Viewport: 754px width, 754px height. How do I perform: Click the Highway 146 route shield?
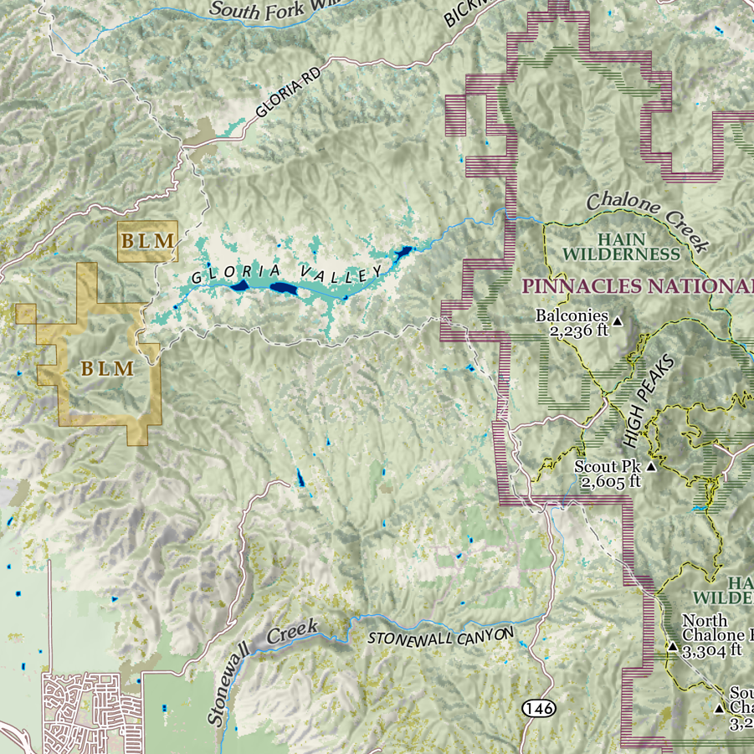pyautogui.click(x=538, y=709)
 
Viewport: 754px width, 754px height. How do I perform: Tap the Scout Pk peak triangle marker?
pyautogui.click(x=651, y=466)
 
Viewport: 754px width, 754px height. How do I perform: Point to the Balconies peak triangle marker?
pyautogui.click(x=618, y=321)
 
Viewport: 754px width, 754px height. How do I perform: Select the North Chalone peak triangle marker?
pyautogui.click(x=672, y=646)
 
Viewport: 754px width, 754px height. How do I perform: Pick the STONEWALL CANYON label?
pyautogui.click(x=441, y=637)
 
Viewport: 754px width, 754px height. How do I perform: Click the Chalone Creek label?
pyautogui.click(x=648, y=221)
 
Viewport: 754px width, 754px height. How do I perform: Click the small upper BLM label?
pyautogui.click(x=148, y=241)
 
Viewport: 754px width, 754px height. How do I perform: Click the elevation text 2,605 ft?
pyautogui.click(x=611, y=481)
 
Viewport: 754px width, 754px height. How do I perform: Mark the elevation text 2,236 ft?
pyautogui.click(x=577, y=331)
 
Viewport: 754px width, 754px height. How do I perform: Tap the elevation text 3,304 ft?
pyautogui.click(x=712, y=649)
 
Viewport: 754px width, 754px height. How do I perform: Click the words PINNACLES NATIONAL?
pyautogui.click(x=636, y=286)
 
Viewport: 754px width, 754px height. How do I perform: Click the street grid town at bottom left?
pyautogui.click(x=92, y=711)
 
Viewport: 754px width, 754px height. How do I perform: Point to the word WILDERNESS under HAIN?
pyautogui.click(x=620, y=254)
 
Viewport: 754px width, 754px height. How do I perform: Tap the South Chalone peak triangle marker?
pyautogui.click(x=718, y=708)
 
